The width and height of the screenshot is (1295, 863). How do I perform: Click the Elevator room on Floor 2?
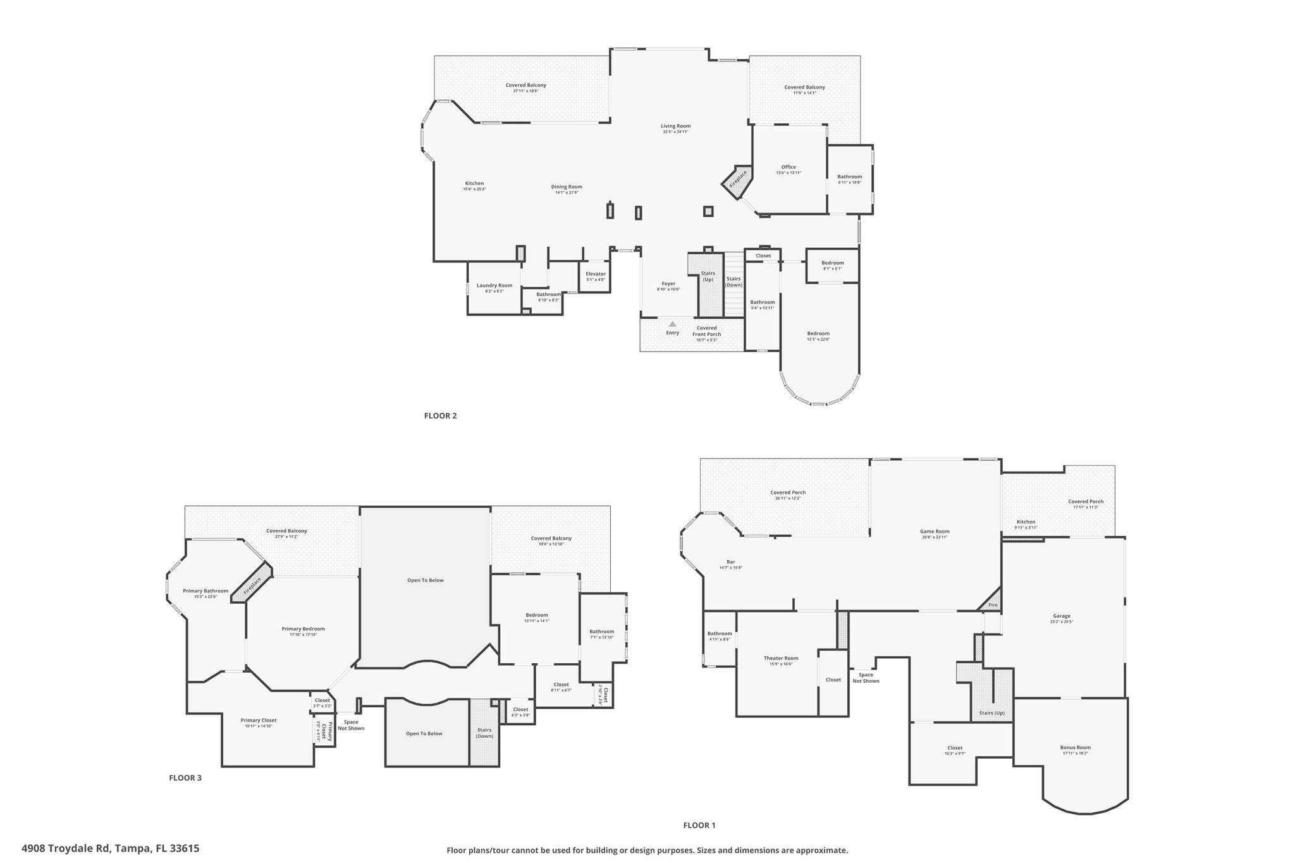[x=595, y=276]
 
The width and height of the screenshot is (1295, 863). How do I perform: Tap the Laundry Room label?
[x=494, y=286]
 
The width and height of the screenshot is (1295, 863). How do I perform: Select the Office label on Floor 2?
[x=788, y=168]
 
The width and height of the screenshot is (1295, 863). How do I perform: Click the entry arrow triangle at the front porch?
[x=672, y=324]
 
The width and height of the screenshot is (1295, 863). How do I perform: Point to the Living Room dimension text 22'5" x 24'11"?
[x=675, y=132]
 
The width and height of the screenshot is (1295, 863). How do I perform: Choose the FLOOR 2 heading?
[x=440, y=416]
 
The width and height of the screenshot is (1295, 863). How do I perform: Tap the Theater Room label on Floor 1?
[x=780, y=658]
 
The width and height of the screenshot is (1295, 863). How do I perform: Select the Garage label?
[x=1061, y=616]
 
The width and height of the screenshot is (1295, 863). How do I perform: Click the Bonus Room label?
[x=1075, y=747]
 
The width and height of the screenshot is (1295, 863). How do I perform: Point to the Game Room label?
[x=934, y=531]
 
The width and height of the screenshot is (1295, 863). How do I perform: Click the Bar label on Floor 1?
[x=730, y=561]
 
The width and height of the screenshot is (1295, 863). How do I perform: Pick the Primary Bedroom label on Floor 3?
[x=303, y=628]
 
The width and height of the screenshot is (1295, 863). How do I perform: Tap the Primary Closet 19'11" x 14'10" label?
[x=258, y=720]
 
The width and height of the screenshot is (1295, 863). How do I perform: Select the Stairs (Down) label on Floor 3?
[x=484, y=733]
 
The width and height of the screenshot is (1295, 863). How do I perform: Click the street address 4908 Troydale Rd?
[x=110, y=848]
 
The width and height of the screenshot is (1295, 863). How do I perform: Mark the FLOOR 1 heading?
[x=699, y=825]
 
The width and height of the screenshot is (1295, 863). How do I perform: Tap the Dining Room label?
[x=566, y=187]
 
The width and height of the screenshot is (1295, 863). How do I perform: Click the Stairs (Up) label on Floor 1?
[x=991, y=713]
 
